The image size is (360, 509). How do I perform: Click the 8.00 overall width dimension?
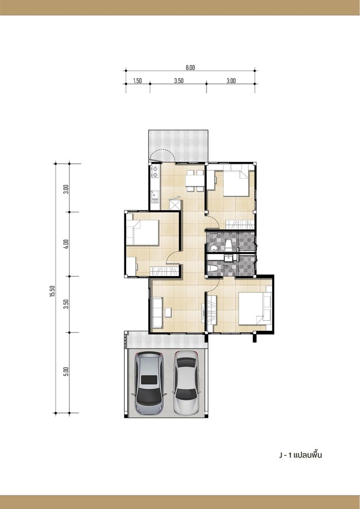[190, 68]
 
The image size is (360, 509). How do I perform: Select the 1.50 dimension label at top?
[137, 81]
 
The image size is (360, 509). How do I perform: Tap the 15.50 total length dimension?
[52, 291]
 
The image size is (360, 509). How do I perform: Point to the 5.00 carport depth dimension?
[66, 371]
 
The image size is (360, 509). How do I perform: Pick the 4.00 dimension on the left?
[66, 244]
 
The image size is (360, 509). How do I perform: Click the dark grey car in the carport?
[149, 383]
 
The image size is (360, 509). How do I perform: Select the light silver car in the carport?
[186, 383]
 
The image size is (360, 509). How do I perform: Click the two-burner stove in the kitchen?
[155, 172]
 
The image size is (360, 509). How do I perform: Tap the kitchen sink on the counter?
[155, 195]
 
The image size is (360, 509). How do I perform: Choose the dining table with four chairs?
[195, 181]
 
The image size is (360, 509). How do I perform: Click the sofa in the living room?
[156, 312]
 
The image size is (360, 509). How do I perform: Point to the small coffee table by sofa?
[168, 313]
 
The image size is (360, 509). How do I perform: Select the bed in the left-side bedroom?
[143, 232]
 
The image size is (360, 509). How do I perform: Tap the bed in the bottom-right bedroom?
[255, 308]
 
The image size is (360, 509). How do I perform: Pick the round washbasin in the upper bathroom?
[214, 248]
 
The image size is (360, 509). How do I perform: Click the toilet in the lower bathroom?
[214, 269]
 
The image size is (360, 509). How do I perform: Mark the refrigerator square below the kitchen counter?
[176, 206]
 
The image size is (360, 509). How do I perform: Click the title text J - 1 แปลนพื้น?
[300, 455]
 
